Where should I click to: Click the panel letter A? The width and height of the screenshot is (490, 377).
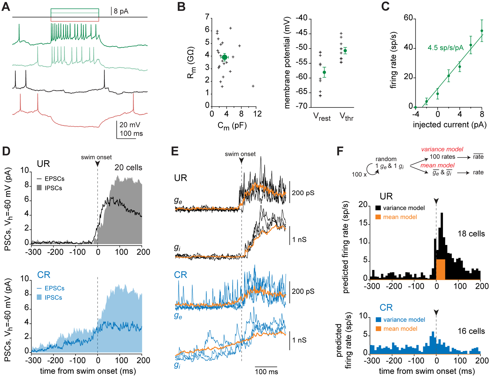pos(6,7)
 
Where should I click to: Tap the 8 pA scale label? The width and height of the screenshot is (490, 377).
pos(121,11)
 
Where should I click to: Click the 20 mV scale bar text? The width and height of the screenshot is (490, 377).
pos(130,125)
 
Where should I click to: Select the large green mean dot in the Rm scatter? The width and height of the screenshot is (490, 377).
pos(224,57)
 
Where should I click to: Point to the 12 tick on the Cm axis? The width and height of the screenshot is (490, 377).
pos(257,114)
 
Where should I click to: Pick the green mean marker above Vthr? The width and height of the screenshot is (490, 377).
pos(345,51)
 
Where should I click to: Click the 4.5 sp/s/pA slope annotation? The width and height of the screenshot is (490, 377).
pos(445,48)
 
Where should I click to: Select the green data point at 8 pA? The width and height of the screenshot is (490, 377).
pos(482,31)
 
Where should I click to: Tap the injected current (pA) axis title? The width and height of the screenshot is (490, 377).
pos(449,125)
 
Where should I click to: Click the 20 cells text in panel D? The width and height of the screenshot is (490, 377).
pos(128,167)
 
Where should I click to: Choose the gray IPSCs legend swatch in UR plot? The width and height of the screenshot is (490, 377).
pos(39,188)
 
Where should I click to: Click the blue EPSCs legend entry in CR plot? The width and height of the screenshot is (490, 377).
pos(51,288)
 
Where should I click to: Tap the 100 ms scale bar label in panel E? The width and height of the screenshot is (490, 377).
pos(266,372)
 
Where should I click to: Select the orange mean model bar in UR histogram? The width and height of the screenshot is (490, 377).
pos(441,269)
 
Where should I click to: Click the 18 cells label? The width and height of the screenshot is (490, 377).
pos(471,234)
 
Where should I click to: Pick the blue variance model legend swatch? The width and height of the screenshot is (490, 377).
pos(378,320)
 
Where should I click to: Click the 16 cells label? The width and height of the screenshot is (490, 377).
pos(471,331)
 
